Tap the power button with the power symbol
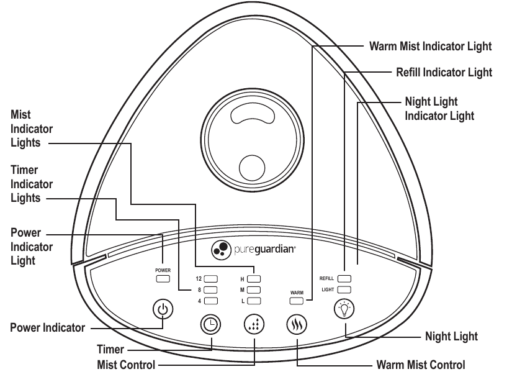pyautogui.click(x=163, y=309)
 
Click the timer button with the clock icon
pyautogui.click(x=210, y=324)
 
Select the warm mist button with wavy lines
pyautogui.click(x=297, y=324)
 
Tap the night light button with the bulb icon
pyautogui.click(x=344, y=309)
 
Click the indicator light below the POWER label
pyautogui.click(x=163, y=279)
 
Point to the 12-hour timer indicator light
pyautogui.click(x=210, y=279)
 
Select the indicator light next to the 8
pyautogui.click(x=210, y=290)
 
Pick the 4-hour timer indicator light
pyautogui.click(x=210, y=301)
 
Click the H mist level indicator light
pyautogui.click(x=254, y=279)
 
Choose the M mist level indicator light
pyautogui.click(x=254, y=290)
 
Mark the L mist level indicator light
pyautogui.click(x=254, y=301)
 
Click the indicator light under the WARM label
pyautogui.click(x=296, y=301)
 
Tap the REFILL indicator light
pyautogui.click(x=344, y=278)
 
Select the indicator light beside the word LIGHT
pyautogui.click(x=344, y=289)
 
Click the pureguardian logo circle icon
pyautogui.click(x=221, y=250)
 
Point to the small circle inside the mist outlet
pyautogui.click(x=252, y=168)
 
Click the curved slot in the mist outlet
pyautogui.click(x=253, y=114)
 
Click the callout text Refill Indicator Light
pyautogui.click(x=444, y=72)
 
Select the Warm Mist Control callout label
pyautogui.click(x=421, y=365)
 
